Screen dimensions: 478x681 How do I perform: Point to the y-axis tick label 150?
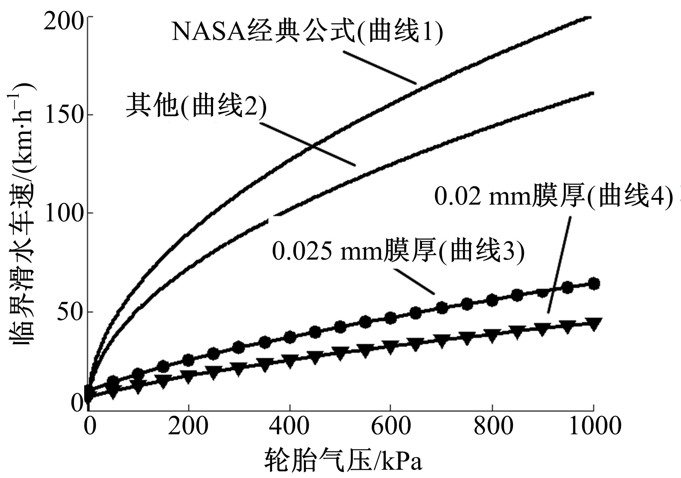click(x=63, y=115)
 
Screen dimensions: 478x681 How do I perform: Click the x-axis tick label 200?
click(x=188, y=425)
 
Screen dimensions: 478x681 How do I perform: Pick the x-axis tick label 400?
click(x=289, y=425)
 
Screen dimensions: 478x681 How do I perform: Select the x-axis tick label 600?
click(x=390, y=425)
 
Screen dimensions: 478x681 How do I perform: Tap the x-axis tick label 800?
click(x=493, y=425)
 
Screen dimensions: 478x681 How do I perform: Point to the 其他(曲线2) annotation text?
click(x=196, y=106)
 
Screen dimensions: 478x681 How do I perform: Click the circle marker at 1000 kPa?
click(x=594, y=284)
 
